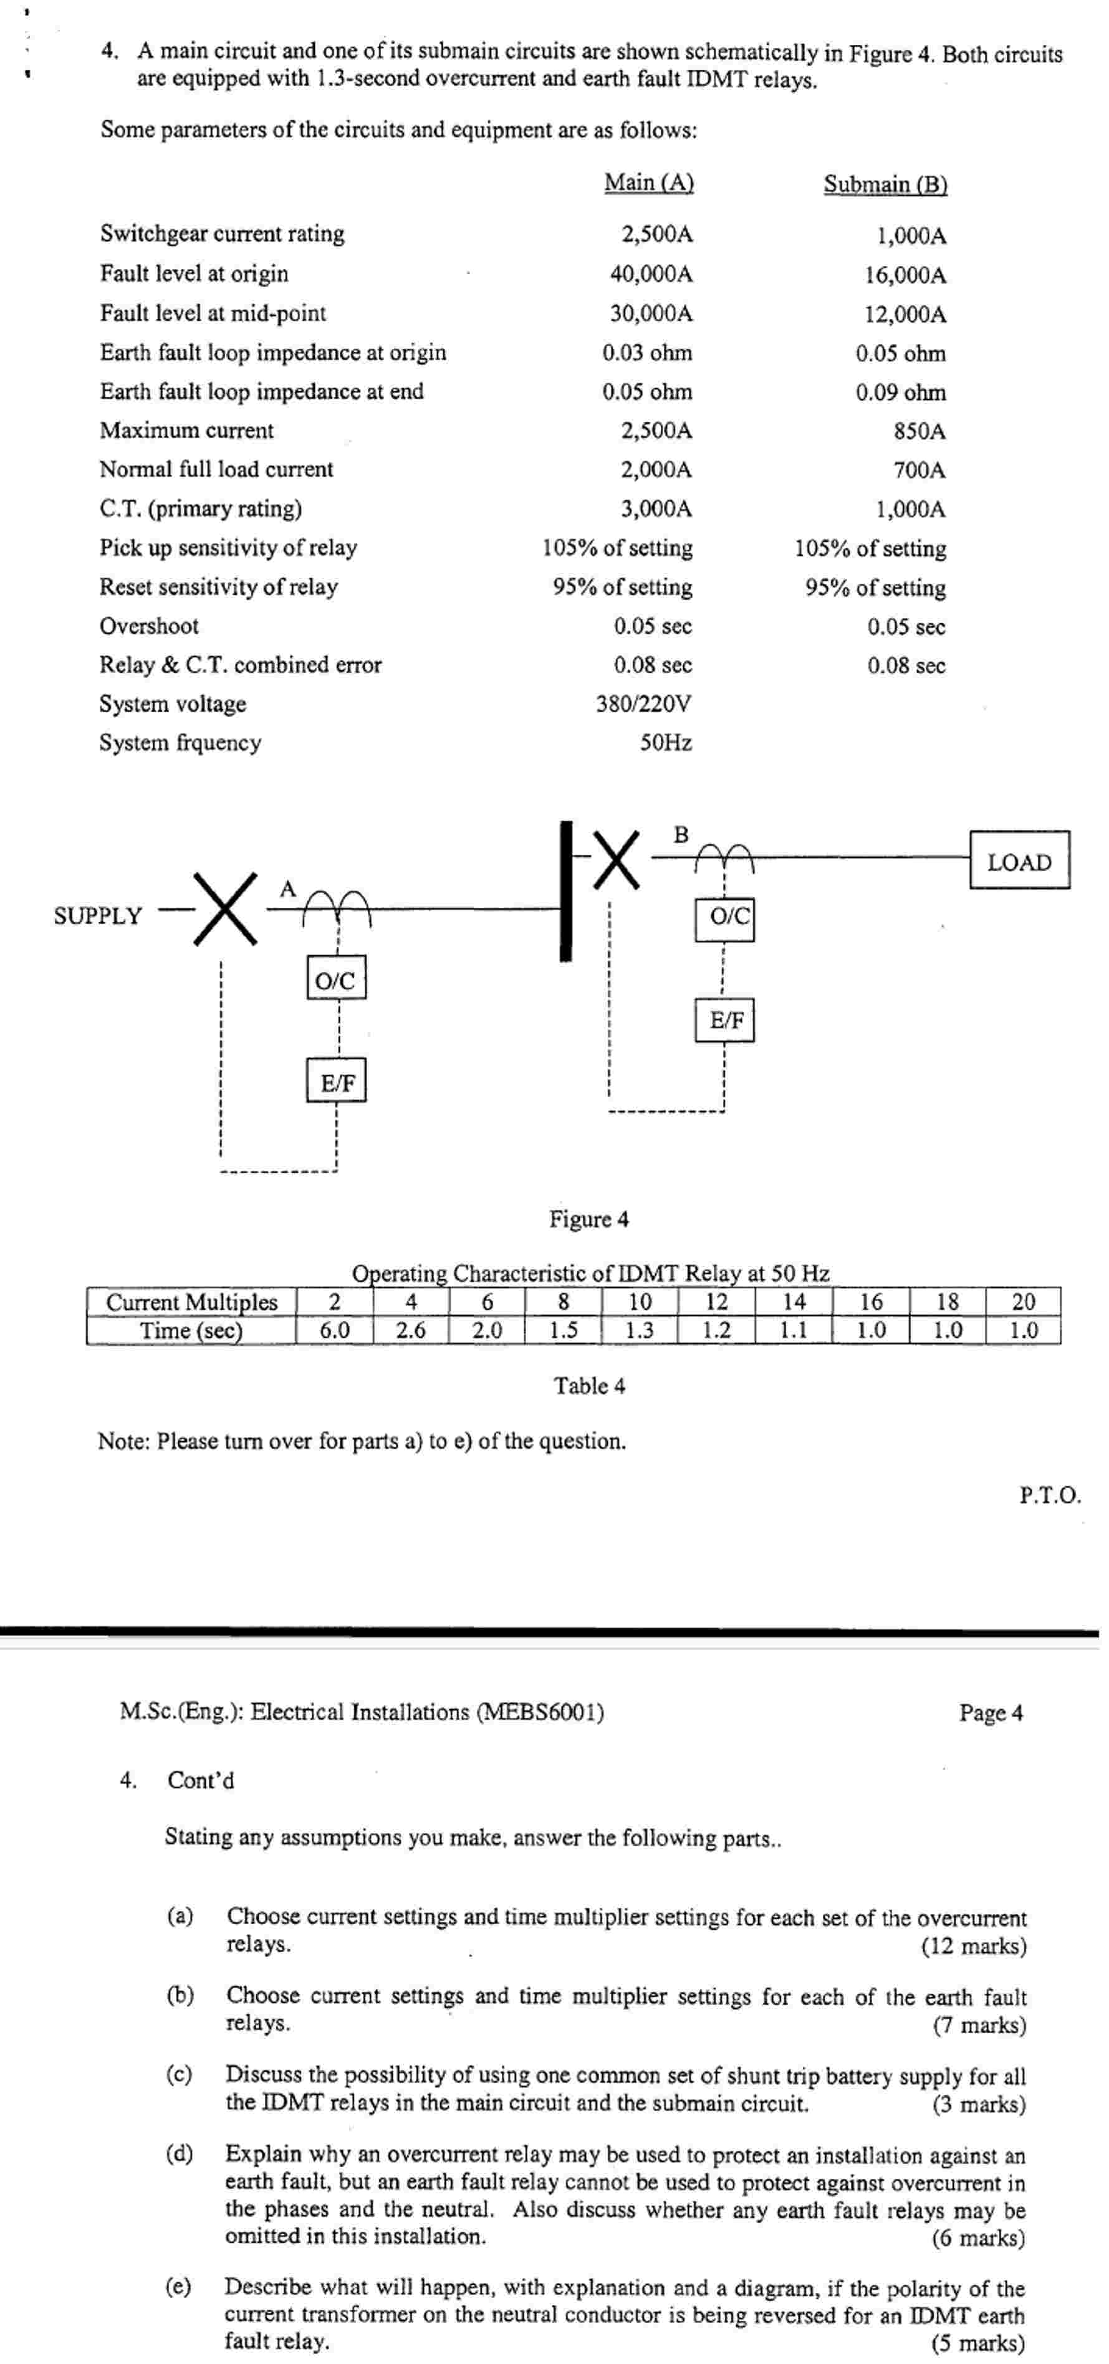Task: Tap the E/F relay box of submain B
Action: (x=724, y=1019)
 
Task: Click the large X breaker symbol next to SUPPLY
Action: (x=226, y=908)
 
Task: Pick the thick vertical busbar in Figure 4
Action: (x=565, y=891)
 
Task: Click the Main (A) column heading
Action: (x=648, y=183)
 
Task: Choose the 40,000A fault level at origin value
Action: (x=651, y=274)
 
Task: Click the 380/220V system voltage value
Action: (x=643, y=704)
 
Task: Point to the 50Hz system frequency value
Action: (x=666, y=743)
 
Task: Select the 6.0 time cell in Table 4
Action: (x=334, y=1330)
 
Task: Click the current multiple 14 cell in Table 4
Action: (x=793, y=1301)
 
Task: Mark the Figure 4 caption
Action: (x=588, y=1219)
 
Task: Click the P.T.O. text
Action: (x=1049, y=1495)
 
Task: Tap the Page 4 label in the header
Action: (x=991, y=1712)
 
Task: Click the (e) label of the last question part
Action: (x=179, y=2285)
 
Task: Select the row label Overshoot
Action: (x=149, y=626)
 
